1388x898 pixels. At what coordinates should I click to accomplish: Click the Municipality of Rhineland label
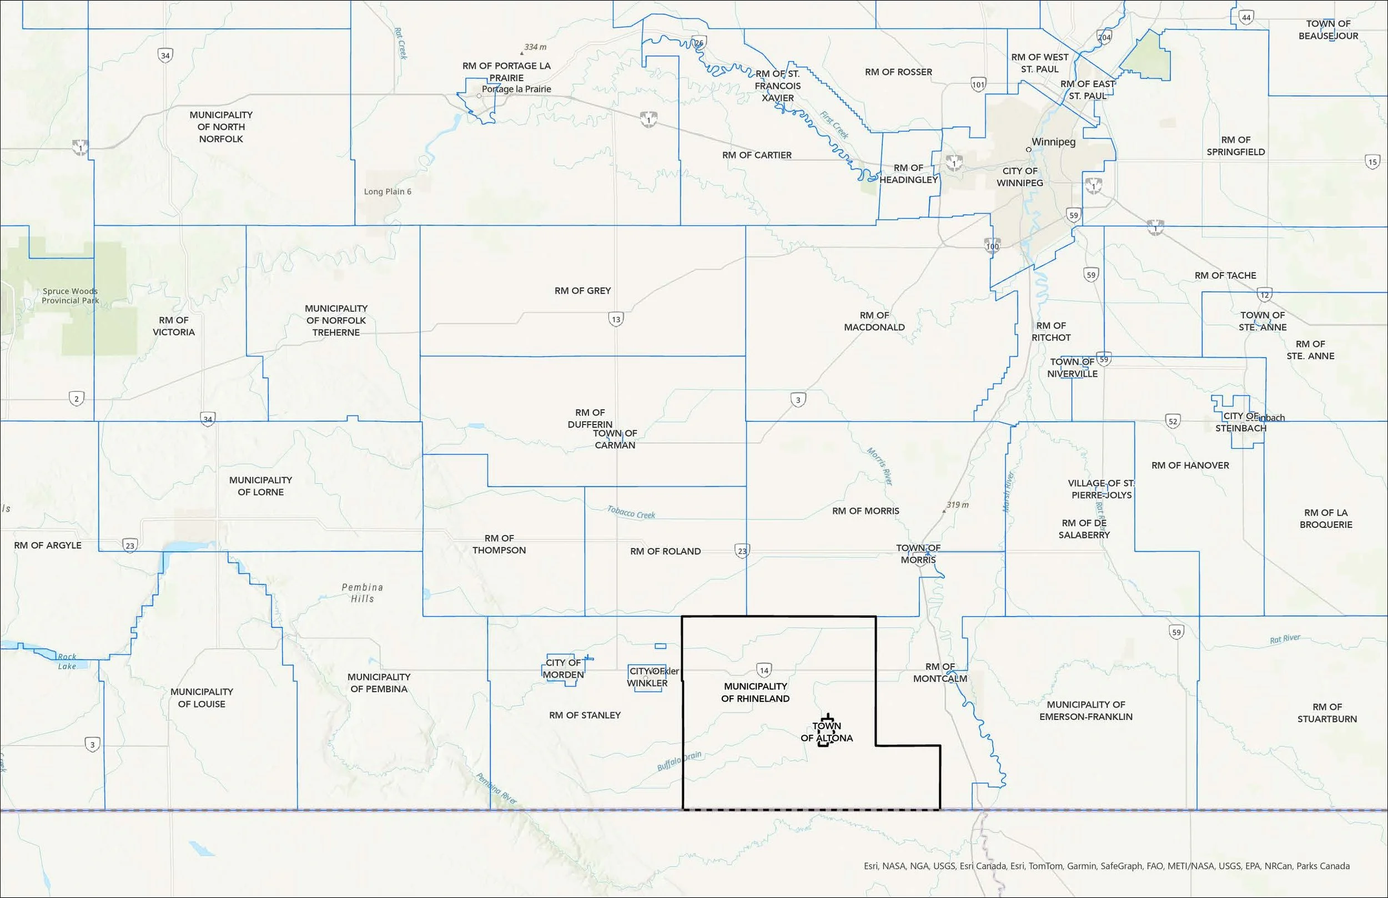pos(755,692)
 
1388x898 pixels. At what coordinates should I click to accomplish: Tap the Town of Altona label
pos(826,733)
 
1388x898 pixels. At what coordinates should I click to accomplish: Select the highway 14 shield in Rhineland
pos(763,670)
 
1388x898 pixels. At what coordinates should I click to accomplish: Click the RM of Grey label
pos(582,290)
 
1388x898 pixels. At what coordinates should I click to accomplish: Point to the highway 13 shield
pos(616,319)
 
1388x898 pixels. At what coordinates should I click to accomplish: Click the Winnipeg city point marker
pos(1029,149)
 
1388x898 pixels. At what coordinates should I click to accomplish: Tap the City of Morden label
pos(563,668)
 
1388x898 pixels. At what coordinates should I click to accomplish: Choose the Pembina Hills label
pos(362,592)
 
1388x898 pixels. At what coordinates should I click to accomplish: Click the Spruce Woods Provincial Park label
pos(70,296)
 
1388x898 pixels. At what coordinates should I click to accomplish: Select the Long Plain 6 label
pos(387,191)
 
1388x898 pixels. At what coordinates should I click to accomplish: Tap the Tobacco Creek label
pos(631,512)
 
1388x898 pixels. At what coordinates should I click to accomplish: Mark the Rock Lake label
pos(67,661)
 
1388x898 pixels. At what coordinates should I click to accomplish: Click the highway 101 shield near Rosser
pos(978,84)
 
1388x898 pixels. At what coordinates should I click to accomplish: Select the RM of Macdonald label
pos(874,321)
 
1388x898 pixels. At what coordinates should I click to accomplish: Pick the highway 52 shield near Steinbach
pos(1173,421)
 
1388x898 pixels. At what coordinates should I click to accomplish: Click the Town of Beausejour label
pos(1328,30)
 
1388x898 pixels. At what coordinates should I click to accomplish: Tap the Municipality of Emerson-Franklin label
pos(1085,710)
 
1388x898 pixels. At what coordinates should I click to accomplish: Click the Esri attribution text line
pos(1107,866)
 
